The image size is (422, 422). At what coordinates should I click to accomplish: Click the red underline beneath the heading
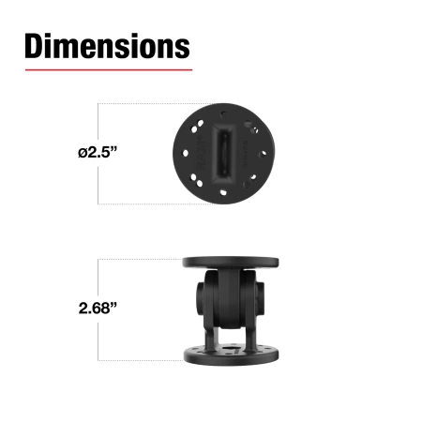click(x=108, y=68)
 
